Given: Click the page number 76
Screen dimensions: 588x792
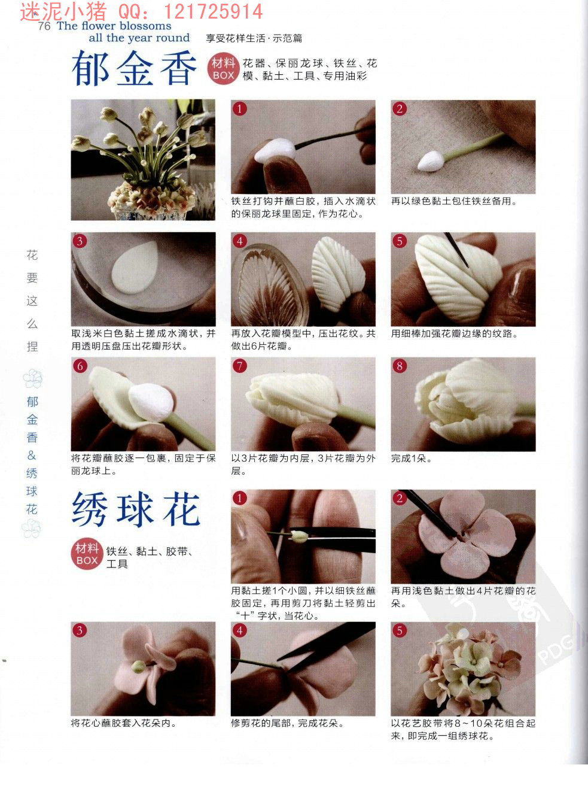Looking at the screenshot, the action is (44, 26).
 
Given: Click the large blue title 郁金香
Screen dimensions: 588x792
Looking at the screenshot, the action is (134, 68).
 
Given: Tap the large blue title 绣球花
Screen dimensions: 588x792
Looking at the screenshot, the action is (136, 509).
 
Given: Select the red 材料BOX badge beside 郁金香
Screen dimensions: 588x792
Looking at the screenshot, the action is (223, 69).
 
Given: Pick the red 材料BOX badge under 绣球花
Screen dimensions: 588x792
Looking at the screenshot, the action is (87, 554).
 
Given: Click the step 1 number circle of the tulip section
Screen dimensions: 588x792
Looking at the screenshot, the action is (240, 108).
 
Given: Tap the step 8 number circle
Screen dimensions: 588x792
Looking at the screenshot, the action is (400, 366).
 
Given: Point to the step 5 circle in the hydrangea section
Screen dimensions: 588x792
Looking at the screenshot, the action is (400, 630).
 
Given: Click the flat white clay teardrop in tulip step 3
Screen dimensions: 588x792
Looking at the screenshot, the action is (135, 268).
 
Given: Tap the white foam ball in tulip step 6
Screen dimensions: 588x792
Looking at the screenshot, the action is (151, 402).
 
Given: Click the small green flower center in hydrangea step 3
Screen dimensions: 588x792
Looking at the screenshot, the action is (138, 666).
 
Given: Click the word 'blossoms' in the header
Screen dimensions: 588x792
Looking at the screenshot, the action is (145, 26).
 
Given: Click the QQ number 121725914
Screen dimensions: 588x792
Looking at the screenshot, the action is (213, 11).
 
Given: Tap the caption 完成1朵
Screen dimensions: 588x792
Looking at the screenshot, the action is (411, 459).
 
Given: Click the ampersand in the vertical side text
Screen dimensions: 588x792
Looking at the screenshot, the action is (32, 455).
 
